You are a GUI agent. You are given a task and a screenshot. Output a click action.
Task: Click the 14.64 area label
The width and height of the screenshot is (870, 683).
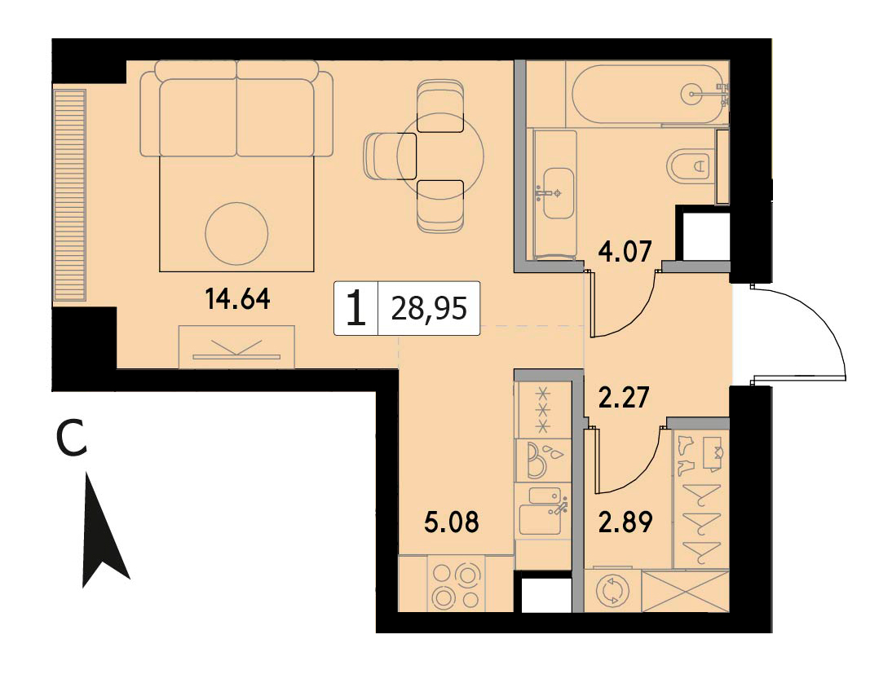[237, 300]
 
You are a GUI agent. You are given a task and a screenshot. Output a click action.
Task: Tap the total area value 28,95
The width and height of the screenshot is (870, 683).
[429, 308]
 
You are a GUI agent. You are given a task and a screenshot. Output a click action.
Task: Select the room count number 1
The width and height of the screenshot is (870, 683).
[356, 309]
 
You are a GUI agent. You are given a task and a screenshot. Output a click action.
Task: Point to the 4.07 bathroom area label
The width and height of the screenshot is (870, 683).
[625, 251]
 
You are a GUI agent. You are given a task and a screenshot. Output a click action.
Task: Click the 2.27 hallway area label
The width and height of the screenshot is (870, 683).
[625, 397]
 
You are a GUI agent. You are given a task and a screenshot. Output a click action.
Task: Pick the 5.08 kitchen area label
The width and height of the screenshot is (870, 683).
[451, 522]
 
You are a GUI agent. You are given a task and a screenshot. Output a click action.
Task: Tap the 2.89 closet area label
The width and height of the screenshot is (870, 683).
[626, 522]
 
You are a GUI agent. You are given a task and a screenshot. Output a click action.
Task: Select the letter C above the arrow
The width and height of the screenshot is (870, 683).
[72, 438]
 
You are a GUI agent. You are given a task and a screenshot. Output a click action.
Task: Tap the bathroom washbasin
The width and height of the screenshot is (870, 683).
[559, 193]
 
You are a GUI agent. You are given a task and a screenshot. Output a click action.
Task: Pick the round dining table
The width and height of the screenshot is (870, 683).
[440, 155]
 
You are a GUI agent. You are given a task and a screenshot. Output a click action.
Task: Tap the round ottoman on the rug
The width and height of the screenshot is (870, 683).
[237, 234]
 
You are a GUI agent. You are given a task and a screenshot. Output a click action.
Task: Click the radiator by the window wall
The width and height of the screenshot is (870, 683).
[70, 196]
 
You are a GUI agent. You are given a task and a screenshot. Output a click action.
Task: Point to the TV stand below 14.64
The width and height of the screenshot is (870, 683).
[237, 347]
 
